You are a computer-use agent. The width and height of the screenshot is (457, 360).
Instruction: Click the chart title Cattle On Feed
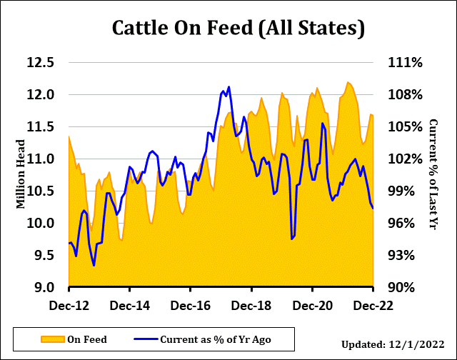click(239, 29)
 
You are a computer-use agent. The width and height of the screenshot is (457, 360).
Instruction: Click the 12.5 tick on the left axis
click(41, 62)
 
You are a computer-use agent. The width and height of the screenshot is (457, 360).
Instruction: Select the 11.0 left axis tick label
click(41, 159)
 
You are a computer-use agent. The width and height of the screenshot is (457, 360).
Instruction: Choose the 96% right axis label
click(404, 223)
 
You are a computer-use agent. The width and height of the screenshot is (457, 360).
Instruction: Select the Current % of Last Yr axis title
click(433, 174)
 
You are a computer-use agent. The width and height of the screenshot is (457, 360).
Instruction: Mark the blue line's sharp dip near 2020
click(292, 239)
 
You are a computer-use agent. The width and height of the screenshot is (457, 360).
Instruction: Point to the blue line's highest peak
click(229, 87)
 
